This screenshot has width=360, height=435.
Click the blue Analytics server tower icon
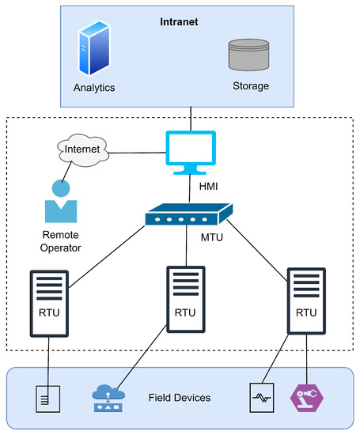click(93, 49)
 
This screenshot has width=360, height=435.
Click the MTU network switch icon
click(188, 214)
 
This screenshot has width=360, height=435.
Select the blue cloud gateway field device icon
click(110, 396)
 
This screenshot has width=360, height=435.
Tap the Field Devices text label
click(179, 397)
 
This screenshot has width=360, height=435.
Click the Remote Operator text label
click(61, 241)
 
